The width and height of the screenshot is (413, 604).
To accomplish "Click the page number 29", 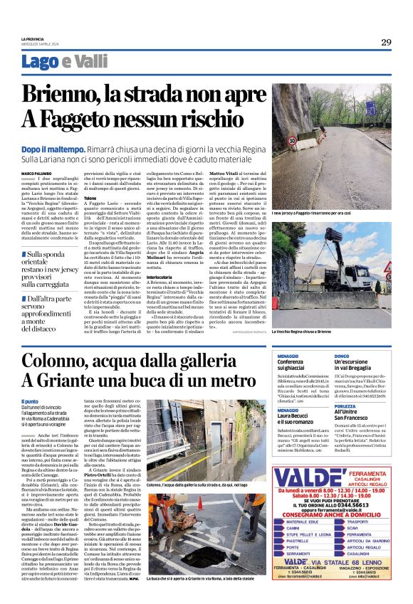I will click(x=385, y=42).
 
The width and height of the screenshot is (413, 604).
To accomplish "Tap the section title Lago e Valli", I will click(x=65, y=62).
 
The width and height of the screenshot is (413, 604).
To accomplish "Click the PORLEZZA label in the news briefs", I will click(x=345, y=406).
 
